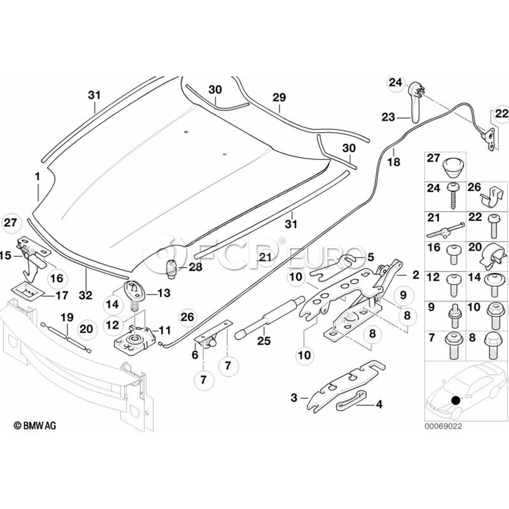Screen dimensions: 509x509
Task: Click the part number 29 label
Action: coord(279,98)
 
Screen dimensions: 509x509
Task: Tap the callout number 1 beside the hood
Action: coord(37,177)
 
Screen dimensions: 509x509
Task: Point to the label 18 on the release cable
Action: coord(394,162)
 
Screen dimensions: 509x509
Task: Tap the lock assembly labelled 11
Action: coord(136,338)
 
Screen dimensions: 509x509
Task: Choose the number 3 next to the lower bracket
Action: coord(294,398)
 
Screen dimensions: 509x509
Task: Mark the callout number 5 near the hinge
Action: coord(370,257)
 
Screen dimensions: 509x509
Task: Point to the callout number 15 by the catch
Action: coord(6,256)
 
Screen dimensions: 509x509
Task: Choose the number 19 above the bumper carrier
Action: coord(67,317)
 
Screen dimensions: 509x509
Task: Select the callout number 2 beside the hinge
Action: coord(416,275)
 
